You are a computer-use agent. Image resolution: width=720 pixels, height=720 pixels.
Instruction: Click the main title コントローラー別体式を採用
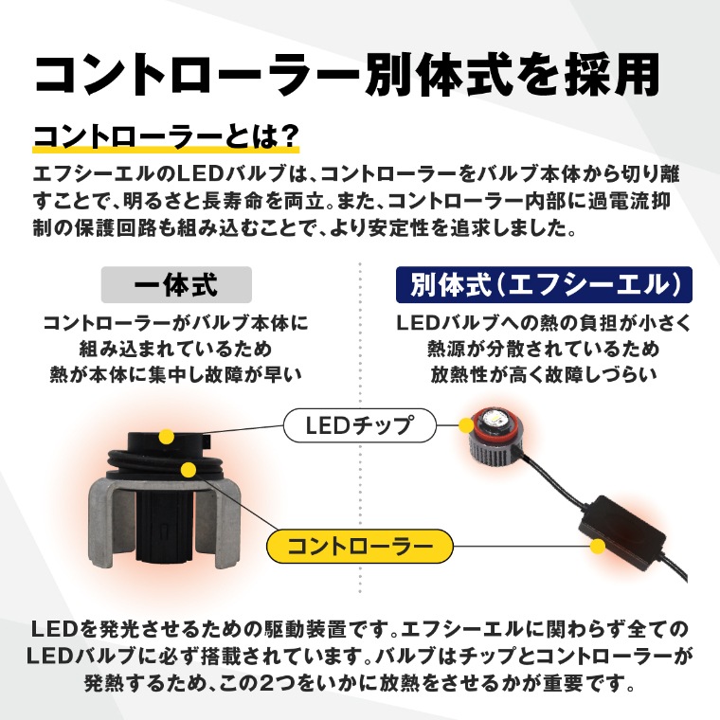tap(347, 75)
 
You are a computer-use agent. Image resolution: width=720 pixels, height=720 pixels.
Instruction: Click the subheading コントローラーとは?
tap(166, 136)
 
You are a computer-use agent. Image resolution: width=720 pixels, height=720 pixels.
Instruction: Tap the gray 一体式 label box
tap(176, 285)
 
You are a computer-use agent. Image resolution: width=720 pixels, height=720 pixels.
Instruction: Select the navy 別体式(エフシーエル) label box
tap(544, 285)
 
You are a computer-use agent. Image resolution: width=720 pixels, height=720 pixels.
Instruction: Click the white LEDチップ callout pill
tap(360, 425)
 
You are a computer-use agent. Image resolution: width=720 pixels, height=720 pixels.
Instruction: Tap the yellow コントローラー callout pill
tap(360, 546)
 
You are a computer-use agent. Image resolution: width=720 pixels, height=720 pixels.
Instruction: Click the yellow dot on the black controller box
tap(598, 546)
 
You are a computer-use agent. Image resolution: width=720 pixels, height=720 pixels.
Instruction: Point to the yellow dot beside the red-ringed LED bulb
tap(466, 424)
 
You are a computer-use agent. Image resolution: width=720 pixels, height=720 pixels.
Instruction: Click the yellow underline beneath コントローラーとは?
tap(166, 150)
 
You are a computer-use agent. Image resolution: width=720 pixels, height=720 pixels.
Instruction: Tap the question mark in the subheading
tap(289, 136)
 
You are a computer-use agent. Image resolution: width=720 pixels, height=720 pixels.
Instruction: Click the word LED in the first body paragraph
tap(199, 174)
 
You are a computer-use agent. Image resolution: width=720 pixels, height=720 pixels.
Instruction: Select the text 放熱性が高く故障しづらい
tap(544, 375)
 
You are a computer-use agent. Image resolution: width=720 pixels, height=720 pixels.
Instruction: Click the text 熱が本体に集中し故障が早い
tap(176, 375)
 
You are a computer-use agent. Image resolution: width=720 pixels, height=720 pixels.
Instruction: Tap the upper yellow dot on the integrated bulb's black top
tap(166, 436)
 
